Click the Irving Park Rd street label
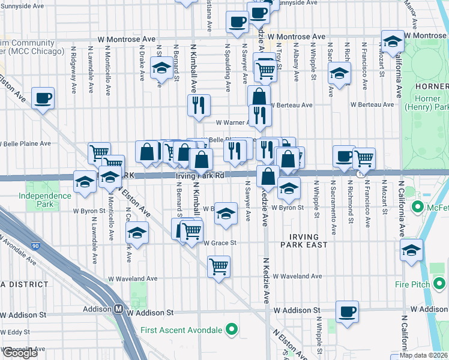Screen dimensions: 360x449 [x=200, y=176]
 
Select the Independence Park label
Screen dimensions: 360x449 [x=44, y=200]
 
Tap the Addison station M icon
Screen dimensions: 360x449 [x=119, y=310]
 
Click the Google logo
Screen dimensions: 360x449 [x=20, y=353]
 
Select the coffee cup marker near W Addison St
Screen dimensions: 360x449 [x=348, y=311]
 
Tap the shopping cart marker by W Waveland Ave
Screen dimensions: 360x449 [x=219, y=265]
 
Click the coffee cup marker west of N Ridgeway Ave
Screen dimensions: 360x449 [x=43, y=98]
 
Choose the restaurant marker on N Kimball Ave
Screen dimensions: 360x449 [x=198, y=105]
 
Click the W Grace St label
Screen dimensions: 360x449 [x=220, y=243]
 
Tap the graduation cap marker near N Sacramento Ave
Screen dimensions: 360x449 [x=339, y=74]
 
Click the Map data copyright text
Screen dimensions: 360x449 [x=423, y=355]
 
